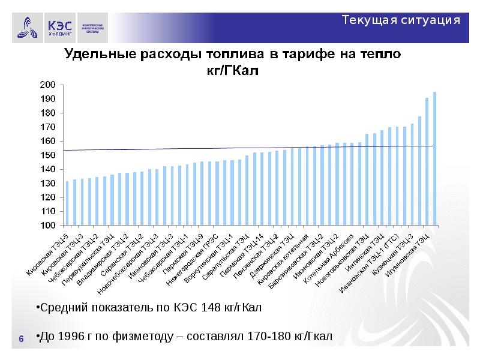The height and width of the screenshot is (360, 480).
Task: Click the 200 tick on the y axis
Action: click(x=47, y=85)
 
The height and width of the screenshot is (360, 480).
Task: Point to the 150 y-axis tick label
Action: click(x=47, y=155)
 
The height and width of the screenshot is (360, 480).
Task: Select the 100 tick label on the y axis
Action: click(x=47, y=226)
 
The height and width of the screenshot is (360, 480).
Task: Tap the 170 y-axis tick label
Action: click(x=47, y=127)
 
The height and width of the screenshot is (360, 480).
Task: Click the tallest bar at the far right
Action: click(x=434, y=159)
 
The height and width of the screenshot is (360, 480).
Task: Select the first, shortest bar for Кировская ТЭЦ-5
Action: click(x=67, y=204)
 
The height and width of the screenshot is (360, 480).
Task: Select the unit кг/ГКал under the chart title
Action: click(x=232, y=71)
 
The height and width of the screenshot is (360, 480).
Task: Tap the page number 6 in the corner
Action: click(x=22, y=340)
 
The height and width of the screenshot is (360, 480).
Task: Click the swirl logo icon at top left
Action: click(x=25, y=27)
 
